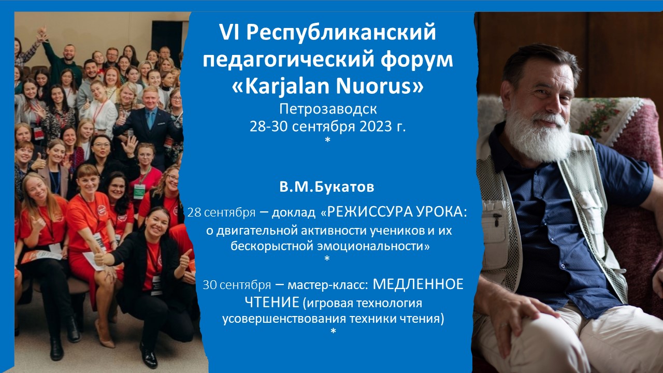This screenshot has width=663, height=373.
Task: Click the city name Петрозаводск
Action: [x=328, y=109]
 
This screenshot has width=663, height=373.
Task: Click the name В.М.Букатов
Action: [x=327, y=187]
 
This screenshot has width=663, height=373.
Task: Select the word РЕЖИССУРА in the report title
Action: [x=367, y=212]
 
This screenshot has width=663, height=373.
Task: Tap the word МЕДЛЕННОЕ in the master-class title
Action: [x=418, y=284]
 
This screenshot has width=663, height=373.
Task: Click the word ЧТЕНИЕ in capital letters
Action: [x=272, y=302]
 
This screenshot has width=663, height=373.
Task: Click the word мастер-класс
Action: [x=328, y=285]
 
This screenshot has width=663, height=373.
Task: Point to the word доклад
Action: [x=294, y=212]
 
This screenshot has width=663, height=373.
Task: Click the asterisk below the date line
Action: [x=327, y=139]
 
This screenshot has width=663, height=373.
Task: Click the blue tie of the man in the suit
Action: [x=151, y=119]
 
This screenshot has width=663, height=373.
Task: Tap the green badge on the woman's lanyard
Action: [x=139, y=191]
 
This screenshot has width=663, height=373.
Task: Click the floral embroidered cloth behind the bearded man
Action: [x=601, y=116]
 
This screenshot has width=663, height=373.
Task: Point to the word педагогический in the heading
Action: [x=289, y=60]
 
